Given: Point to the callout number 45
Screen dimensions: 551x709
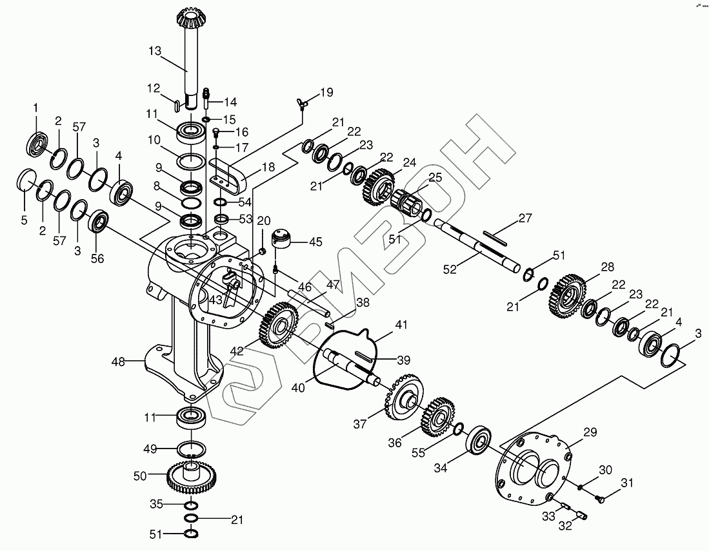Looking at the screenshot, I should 315,242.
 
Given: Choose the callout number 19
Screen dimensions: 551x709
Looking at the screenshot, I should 326,92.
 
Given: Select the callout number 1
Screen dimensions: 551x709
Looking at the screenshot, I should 35,106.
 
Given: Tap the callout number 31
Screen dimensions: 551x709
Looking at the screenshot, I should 627,483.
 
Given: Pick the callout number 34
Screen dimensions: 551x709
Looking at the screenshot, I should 440,469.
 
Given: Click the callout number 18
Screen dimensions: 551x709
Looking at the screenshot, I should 268,167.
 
